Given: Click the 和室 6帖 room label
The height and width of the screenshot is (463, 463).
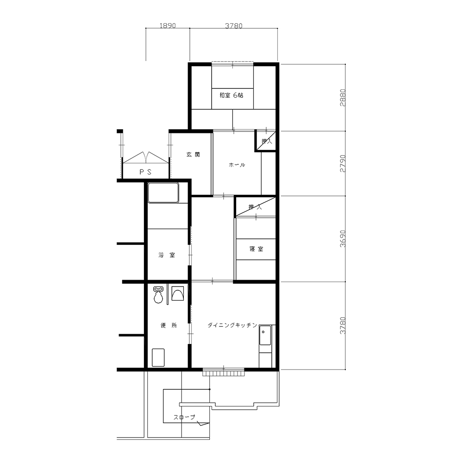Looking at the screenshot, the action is click(x=231, y=95).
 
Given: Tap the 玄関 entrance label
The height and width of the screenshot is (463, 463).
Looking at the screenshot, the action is click(x=193, y=155).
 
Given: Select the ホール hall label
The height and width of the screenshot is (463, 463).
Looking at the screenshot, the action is click(x=237, y=165).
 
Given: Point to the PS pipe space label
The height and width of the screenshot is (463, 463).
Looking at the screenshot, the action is click(x=145, y=172).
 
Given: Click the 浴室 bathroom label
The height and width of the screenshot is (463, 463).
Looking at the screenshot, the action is click(x=167, y=255).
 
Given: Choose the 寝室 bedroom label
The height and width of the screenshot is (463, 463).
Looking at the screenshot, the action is click(x=256, y=249).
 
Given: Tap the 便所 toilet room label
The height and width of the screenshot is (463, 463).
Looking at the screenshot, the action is click(x=169, y=325).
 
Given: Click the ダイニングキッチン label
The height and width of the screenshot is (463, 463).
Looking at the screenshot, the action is click(x=232, y=325).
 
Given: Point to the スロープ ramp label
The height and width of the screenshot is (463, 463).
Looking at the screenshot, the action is click(x=184, y=417).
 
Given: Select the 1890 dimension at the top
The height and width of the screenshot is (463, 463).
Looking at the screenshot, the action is click(x=168, y=25).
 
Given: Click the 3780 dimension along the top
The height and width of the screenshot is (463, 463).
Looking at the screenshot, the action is click(x=233, y=26).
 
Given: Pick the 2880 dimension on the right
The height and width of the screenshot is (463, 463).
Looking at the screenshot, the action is click(x=343, y=98).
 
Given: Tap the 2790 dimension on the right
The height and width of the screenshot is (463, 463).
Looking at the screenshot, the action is click(x=343, y=163).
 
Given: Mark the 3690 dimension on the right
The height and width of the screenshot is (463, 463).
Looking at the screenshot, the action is click(x=343, y=238).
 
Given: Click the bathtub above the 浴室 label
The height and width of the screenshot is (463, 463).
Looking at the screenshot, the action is click(x=163, y=193).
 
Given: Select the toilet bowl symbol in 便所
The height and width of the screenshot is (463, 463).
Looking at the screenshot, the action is click(x=158, y=294).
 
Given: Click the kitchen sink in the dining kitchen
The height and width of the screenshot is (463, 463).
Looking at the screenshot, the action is click(x=265, y=335).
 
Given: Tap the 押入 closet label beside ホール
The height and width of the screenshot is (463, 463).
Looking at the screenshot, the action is click(x=267, y=141).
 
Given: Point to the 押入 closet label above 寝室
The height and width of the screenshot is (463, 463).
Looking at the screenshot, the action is click(x=255, y=207).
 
